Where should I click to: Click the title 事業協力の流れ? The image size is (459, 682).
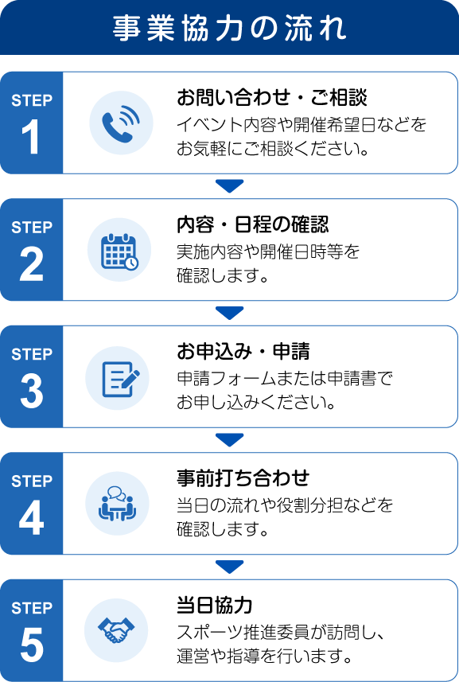[x=229, y=29]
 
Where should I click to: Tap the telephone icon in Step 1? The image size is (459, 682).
[x=121, y=123]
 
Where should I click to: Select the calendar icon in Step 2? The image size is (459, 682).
[x=119, y=251]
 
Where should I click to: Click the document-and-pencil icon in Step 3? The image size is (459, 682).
[x=121, y=379]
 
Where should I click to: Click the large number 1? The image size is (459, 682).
[x=31, y=137]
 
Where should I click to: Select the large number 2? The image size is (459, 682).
[x=31, y=264]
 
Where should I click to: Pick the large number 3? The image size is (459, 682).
[x=31, y=391]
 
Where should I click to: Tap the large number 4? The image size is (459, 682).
[x=31, y=517]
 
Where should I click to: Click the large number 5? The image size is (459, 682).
[x=31, y=645]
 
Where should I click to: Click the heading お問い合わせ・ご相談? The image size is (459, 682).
[x=272, y=97]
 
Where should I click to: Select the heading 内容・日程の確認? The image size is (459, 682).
[x=252, y=224]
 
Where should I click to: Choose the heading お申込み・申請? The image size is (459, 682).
[x=243, y=352]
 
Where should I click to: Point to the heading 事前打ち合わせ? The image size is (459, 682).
[x=243, y=478]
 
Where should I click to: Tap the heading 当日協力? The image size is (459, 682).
[x=214, y=605]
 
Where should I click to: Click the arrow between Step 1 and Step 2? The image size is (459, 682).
[x=229, y=186]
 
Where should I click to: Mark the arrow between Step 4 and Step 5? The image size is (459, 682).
[x=229, y=567]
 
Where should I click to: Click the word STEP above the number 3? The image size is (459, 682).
[x=32, y=354]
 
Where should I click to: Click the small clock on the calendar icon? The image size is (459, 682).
[x=132, y=263]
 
